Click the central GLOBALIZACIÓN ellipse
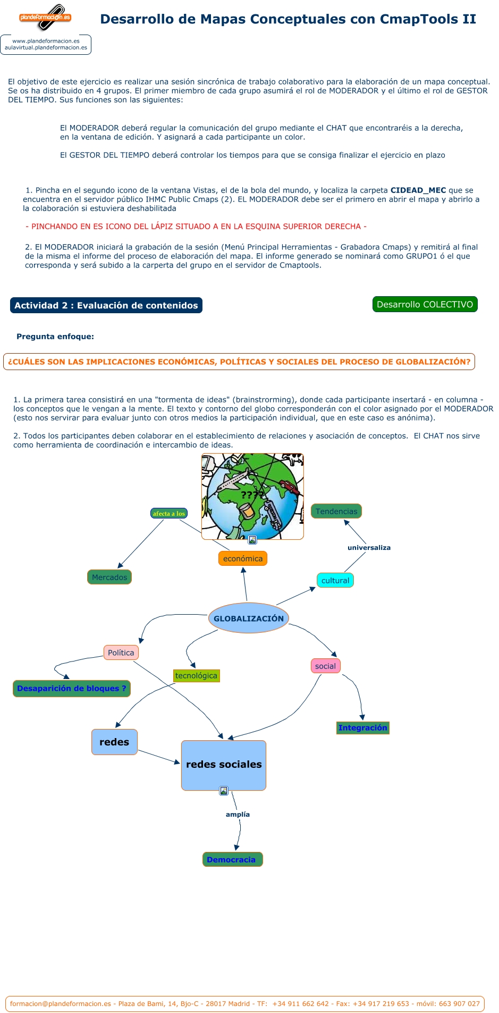248,618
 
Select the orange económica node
243,558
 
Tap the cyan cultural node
335,580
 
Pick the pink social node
325,666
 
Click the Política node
121,652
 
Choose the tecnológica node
196,675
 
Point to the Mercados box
109,577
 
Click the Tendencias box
336,511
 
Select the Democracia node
232,859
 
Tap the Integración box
363,727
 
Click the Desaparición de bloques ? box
72,688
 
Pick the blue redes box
114,742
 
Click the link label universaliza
369,547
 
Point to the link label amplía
238,814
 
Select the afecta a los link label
169,513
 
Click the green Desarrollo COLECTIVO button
425,304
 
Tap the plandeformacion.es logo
45,17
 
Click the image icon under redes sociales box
224,791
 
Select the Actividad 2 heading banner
106,305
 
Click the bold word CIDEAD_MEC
418,190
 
